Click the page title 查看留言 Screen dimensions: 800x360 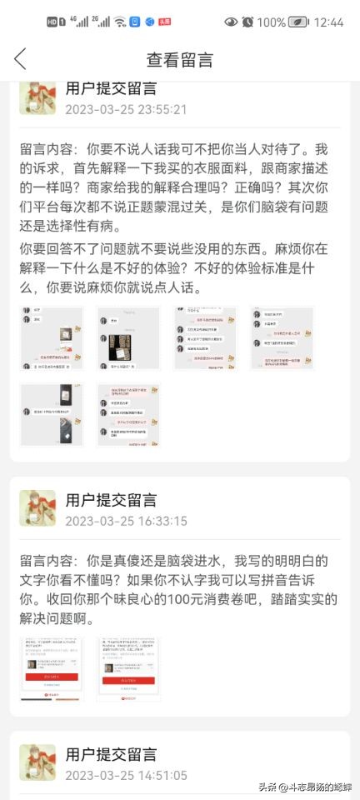click(180, 59)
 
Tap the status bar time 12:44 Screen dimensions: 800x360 click(328, 22)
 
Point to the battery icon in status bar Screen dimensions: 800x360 click(299, 22)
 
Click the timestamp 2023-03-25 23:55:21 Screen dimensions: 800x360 click(126, 109)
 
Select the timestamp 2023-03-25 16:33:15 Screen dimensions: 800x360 click(126, 522)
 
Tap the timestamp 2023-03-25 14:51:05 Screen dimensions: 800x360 click(126, 776)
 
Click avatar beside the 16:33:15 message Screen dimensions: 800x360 click(37, 508)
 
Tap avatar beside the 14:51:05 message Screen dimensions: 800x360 click(37, 762)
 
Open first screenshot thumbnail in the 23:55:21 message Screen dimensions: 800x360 click(51, 338)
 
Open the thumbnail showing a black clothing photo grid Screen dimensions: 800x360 click(127, 338)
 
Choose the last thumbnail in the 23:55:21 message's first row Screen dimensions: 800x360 click(282, 338)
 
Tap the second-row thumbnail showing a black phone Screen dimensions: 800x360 click(51, 414)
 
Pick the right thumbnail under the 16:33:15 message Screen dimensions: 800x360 click(128, 669)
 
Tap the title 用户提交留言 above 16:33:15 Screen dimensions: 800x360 click(111, 501)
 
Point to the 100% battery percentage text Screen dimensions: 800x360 click(272, 22)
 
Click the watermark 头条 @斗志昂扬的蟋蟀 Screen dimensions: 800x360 click(302, 787)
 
